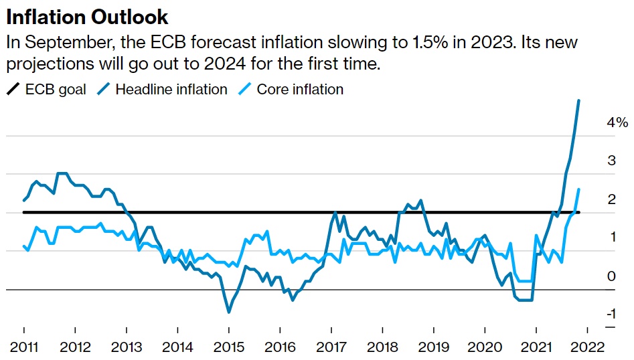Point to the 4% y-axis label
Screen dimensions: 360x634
point(617,122)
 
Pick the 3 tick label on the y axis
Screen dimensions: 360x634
point(611,161)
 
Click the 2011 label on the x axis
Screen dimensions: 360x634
point(23,347)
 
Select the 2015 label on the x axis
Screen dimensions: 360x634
point(228,347)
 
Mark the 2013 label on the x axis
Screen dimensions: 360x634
point(126,347)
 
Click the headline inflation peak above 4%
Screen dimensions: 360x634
point(578,100)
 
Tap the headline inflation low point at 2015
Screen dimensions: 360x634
point(228,312)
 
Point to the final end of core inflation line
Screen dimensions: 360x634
point(578,189)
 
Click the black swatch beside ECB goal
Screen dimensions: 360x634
point(13,89)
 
